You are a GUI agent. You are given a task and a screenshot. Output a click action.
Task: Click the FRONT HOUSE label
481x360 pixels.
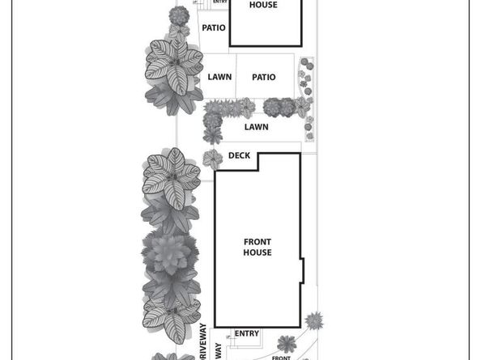(257, 247)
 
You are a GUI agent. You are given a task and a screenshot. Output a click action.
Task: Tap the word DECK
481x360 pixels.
(239, 155)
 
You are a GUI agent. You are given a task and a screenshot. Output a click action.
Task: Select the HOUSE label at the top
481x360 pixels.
(262, 5)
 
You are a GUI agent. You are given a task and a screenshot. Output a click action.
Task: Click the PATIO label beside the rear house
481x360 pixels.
(214, 28)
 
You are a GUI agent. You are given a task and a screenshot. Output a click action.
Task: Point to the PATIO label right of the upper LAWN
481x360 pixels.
(263, 78)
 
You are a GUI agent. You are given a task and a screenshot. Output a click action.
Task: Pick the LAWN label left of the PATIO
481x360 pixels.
(219, 78)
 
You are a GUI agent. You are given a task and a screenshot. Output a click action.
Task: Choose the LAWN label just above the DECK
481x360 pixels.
(257, 127)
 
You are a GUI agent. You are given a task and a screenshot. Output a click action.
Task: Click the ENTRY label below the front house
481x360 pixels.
(247, 333)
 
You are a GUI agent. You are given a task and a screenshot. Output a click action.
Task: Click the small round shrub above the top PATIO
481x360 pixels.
(180, 15)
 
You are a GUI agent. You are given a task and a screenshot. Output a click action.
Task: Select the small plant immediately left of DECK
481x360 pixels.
(212, 157)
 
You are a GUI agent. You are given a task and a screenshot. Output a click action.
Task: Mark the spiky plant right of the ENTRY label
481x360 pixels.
(286, 343)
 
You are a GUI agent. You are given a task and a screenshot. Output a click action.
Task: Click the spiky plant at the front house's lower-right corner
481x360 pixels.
(313, 321)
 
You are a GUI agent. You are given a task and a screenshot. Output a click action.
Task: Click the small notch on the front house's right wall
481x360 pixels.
(302, 270)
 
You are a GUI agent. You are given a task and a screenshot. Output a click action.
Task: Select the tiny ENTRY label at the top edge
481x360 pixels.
(220, 2)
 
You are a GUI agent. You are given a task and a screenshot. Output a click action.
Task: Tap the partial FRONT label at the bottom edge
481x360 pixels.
(281, 357)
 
